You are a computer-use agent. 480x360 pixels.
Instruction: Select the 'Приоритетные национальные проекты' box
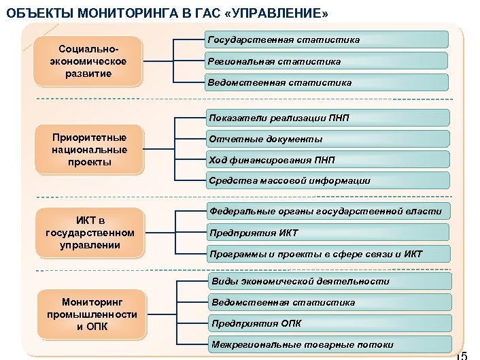[x=90, y=150]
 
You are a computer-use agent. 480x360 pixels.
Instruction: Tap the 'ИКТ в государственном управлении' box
[x=90, y=233]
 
